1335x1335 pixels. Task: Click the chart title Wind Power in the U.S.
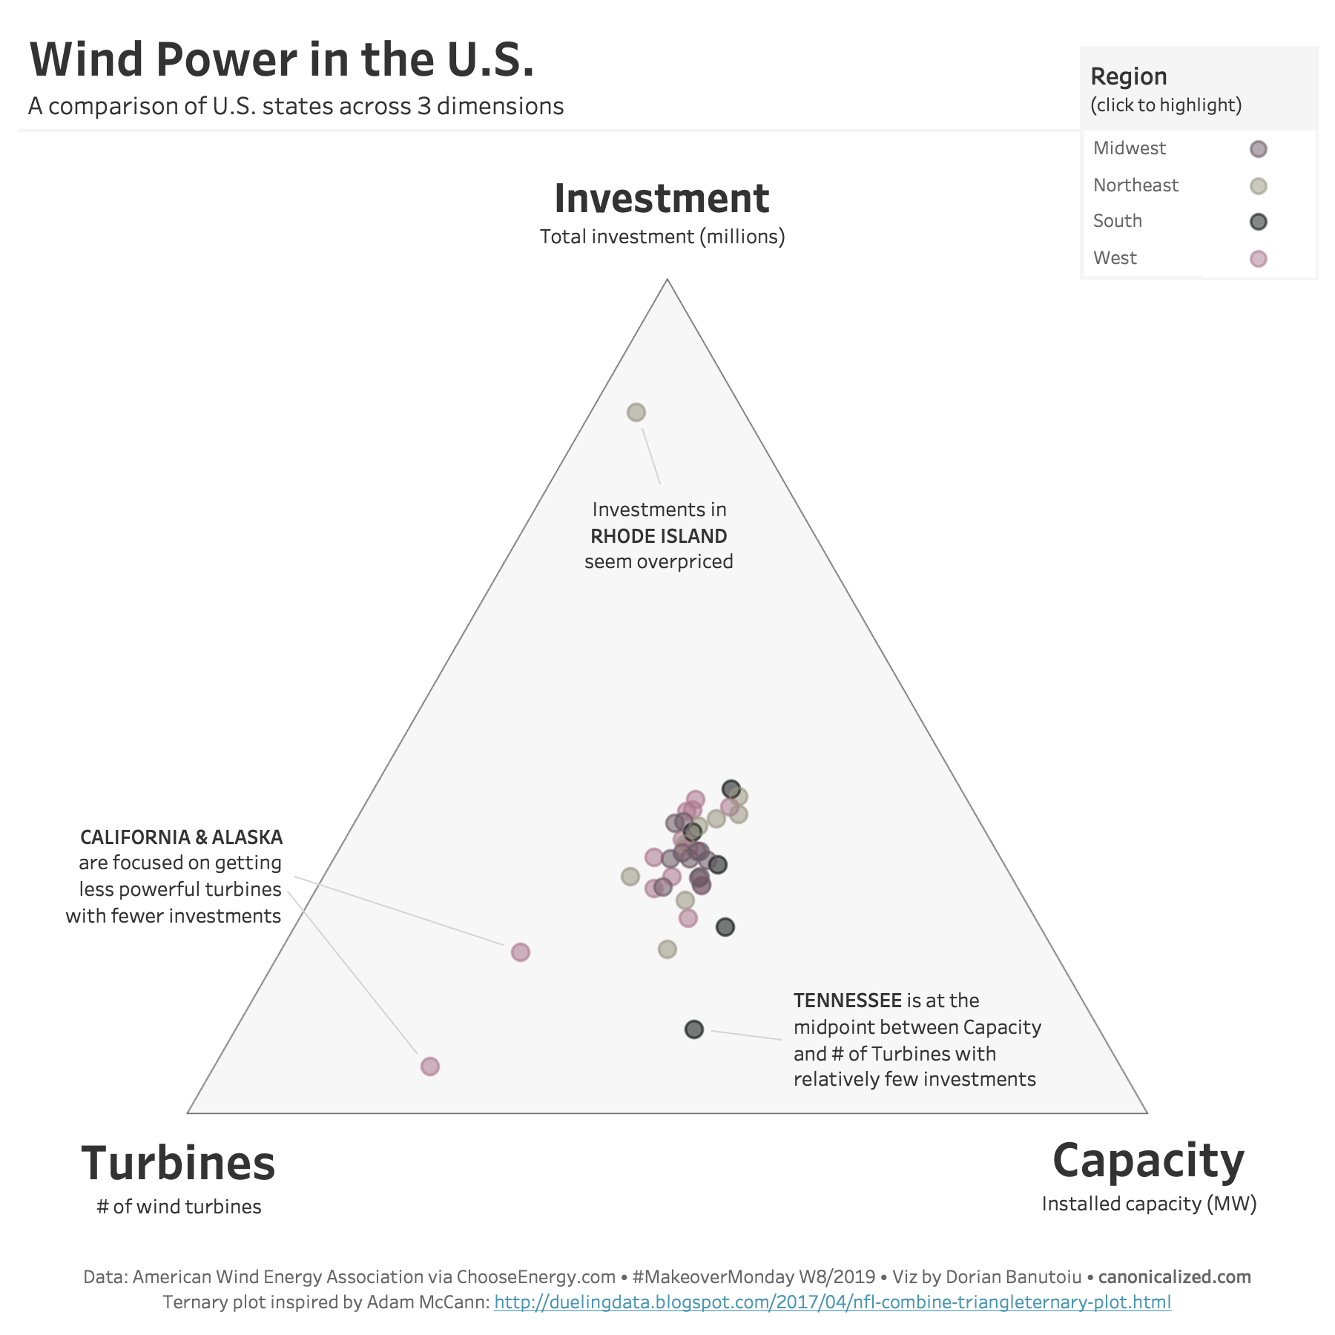[x=282, y=59]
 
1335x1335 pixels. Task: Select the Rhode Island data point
[x=636, y=412]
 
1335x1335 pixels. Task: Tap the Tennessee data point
[x=693, y=1029]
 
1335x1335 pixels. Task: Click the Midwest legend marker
[x=1258, y=149]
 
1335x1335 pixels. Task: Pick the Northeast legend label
[x=1135, y=185]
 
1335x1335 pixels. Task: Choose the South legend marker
[x=1258, y=222]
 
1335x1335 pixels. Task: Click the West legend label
[x=1115, y=258]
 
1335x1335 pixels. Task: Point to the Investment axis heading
[x=662, y=199]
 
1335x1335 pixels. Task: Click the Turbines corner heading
[x=178, y=1163]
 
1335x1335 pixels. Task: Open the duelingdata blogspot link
[x=832, y=1302]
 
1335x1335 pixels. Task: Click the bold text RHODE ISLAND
[x=659, y=536]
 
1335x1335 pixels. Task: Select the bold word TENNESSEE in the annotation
[x=848, y=1001]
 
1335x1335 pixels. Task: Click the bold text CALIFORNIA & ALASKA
[x=181, y=837]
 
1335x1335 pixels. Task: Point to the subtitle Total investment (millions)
[x=662, y=237]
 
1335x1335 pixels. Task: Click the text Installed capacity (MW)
[x=1149, y=1204]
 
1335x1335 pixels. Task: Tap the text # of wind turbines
[x=179, y=1207]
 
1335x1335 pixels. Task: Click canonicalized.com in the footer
[x=1174, y=1277]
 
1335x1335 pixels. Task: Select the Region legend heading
[x=1129, y=76]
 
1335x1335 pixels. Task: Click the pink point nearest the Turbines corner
[x=430, y=1067]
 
